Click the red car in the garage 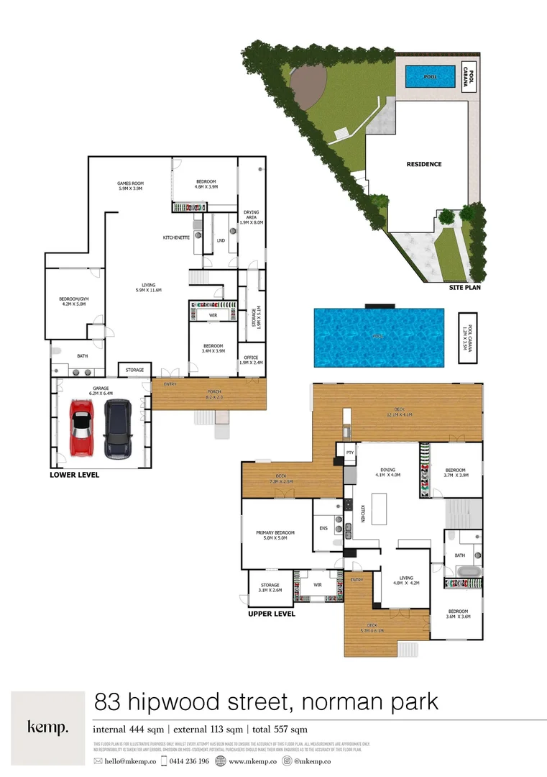coord(81,430)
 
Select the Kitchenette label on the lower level coord(175,237)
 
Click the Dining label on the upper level coord(387,471)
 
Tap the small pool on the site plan coord(430,76)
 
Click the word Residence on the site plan coord(424,164)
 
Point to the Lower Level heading coord(74,476)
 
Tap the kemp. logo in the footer coord(48,727)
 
